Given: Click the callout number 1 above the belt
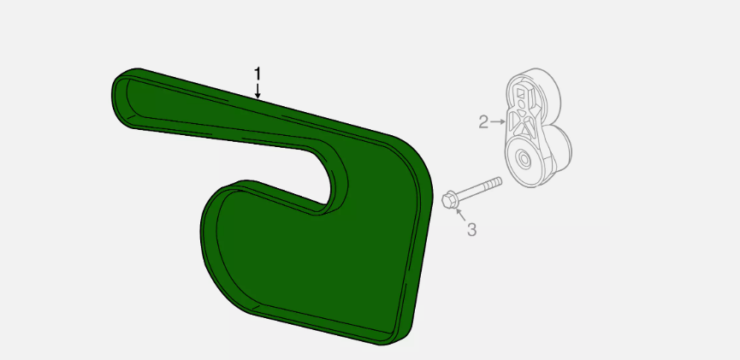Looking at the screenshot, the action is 258,74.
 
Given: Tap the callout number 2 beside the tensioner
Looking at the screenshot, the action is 483,122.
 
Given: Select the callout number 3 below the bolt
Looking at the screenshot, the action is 472,230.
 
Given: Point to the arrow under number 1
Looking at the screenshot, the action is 258,91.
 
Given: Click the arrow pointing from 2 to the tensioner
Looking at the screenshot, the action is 498,122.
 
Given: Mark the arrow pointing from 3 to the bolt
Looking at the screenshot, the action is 461,215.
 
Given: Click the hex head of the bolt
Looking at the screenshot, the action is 449,200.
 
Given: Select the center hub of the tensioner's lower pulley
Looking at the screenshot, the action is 523,159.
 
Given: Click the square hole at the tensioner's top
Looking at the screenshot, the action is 520,93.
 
